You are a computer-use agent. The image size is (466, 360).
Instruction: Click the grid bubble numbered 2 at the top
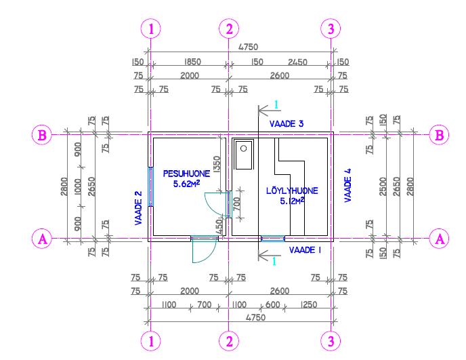click(x=229, y=29)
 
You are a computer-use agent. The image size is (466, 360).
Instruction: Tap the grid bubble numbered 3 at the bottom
click(x=331, y=341)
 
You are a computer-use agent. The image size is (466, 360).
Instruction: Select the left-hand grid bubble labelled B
click(x=42, y=135)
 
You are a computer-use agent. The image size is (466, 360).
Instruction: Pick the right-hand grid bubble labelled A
click(x=440, y=239)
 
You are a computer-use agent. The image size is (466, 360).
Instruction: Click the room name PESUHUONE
click(x=186, y=174)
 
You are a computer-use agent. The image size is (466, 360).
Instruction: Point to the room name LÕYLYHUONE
click(x=292, y=191)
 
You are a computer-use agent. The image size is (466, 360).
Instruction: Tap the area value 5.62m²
click(x=186, y=184)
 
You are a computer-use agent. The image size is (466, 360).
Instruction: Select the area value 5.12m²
click(x=292, y=201)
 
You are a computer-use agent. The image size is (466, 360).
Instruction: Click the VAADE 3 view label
click(x=287, y=124)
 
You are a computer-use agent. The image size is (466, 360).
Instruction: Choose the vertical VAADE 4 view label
click(x=347, y=185)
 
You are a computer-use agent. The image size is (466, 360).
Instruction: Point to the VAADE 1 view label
click(x=305, y=250)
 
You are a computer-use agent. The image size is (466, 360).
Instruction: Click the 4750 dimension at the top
click(x=249, y=47)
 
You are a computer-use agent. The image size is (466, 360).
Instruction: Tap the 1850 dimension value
click(x=192, y=62)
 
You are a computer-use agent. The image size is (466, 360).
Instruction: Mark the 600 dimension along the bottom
click(x=272, y=304)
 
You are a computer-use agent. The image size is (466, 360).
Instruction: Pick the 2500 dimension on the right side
click(x=383, y=186)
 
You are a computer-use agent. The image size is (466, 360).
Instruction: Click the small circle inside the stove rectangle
click(x=244, y=148)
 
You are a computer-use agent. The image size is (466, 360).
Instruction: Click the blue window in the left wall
click(x=151, y=186)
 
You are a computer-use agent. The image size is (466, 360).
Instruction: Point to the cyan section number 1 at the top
click(x=276, y=104)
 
